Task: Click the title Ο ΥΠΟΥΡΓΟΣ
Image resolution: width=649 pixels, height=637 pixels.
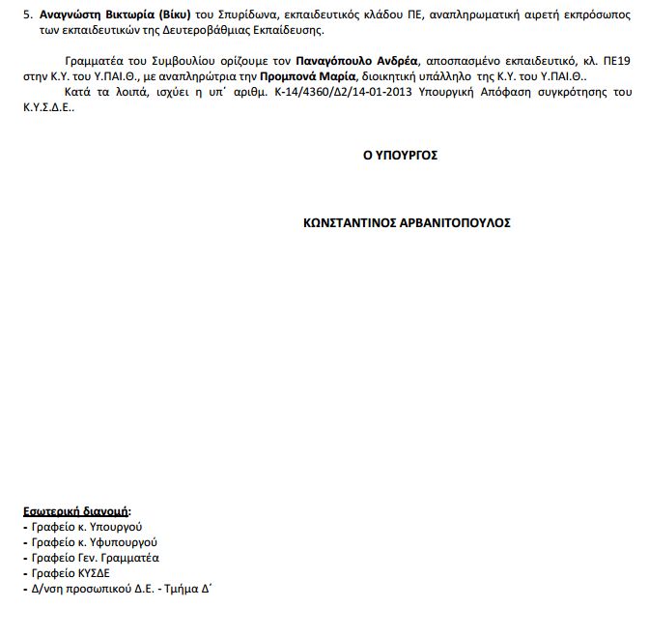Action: point(401,154)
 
